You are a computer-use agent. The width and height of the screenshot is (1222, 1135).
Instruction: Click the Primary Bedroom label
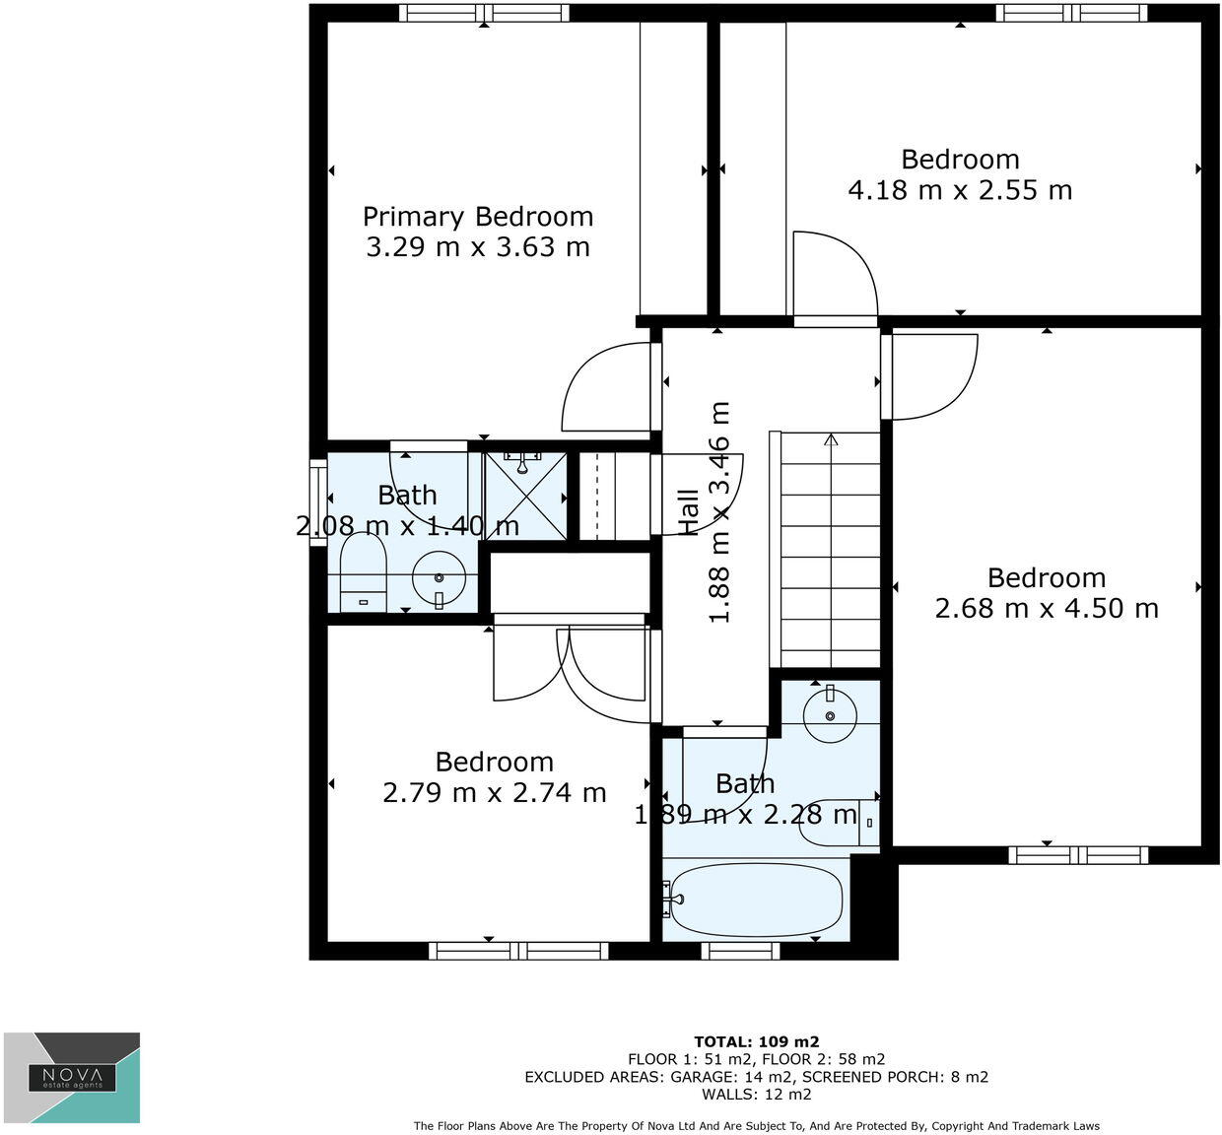tap(478, 217)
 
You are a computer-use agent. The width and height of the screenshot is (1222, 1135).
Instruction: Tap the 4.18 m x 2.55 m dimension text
tap(960, 190)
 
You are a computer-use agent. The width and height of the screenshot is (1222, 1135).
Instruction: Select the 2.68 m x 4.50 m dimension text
tap(1047, 609)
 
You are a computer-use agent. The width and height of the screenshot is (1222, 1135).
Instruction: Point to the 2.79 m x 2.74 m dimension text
tap(495, 793)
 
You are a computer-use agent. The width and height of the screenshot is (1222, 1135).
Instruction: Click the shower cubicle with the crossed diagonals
tap(525, 497)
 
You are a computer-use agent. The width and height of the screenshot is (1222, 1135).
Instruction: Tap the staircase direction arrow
tap(831, 439)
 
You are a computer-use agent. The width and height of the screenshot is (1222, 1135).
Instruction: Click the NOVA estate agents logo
tap(72, 1077)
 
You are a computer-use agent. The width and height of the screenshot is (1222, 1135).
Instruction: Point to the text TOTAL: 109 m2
tap(757, 1041)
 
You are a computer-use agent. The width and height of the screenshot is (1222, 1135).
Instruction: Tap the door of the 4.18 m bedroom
tap(836, 276)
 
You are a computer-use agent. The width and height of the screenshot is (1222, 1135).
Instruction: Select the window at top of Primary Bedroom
tap(484, 13)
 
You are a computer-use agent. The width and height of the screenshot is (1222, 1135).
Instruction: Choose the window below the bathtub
tap(740, 951)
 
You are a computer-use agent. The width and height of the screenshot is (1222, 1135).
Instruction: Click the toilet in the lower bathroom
tap(838, 821)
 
